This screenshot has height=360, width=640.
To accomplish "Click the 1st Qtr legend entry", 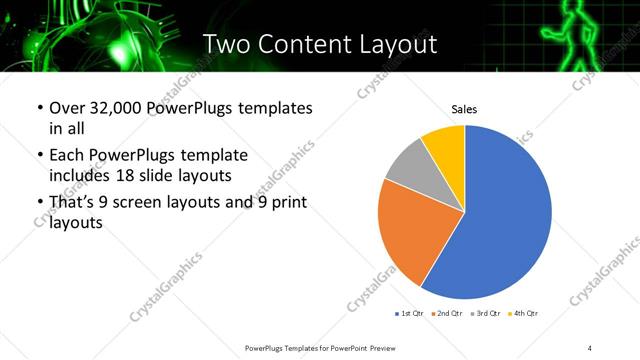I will tap(411, 314).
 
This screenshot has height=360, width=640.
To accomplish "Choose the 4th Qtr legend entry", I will tap(523, 314).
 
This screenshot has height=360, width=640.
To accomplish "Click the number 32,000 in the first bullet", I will tap(116, 108).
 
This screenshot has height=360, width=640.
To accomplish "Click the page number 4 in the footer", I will tap(590, 347).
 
